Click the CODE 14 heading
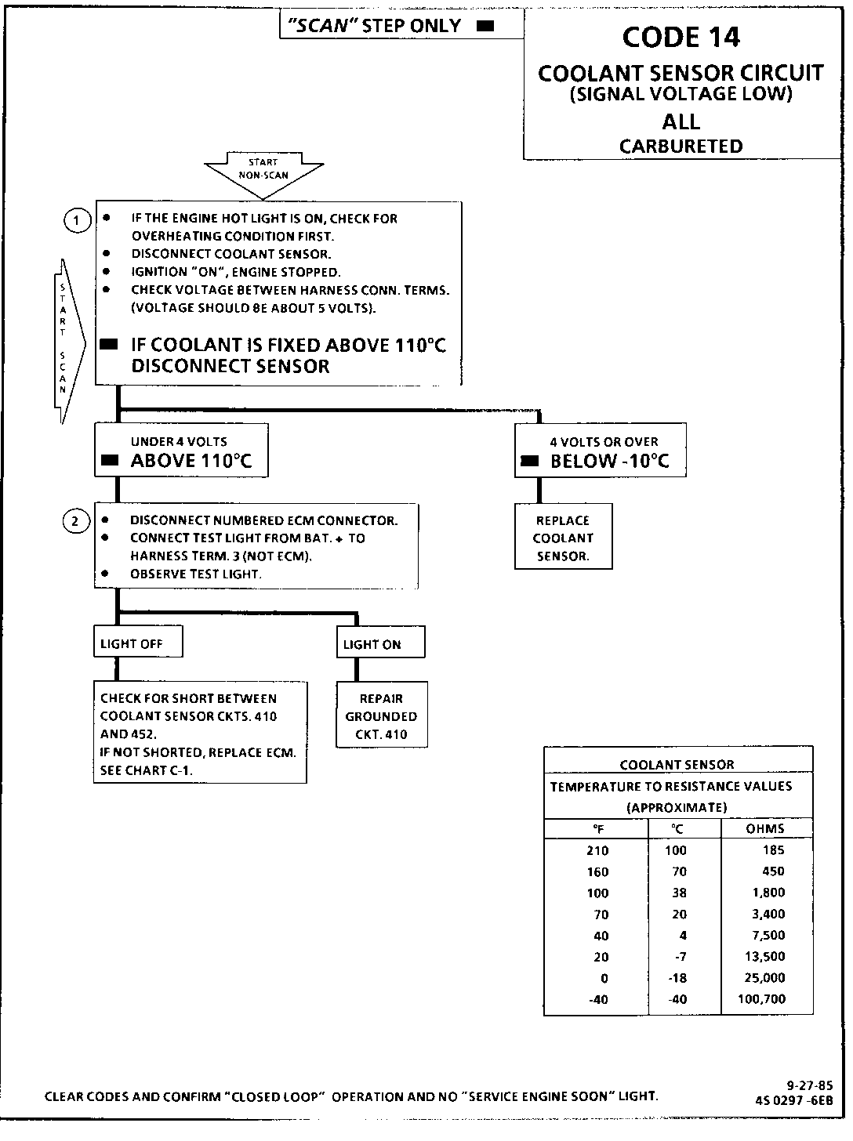pyautogui.click(x=681, y=37)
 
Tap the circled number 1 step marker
pyautogui.click(x=77, y=221)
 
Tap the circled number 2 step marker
pyautogui.click(x=76, y=521)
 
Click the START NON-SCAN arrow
pyautogui.click(x=263, y=171)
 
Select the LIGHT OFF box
pyautogui.click(x=138, y=643)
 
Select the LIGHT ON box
pyautogui.click(x=380, y=644)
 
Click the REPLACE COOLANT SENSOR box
pyautogui.click(x=563, y=538)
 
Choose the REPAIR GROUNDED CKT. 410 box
pyautogui.click(x=382, y=716)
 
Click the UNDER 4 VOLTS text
pyautogui.click(x=179, y=442)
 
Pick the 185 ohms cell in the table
pyautogui.click(x=773, y=850)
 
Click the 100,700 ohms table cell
pyautogui.click(x=761, y=999)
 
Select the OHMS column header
pyautogui.click(x=765, y=828)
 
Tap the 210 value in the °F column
pyautogui.click(x=597, y=850)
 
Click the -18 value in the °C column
pyautogui.click(x=675, y=978)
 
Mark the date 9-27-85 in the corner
pyautogui.click(x=809, y=1085)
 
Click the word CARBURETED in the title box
pyautogui.click(x=681, y=147)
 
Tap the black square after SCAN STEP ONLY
pyautogui.click(x=486, y=26)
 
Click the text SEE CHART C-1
pyautogui.click(x=147, y=770)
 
